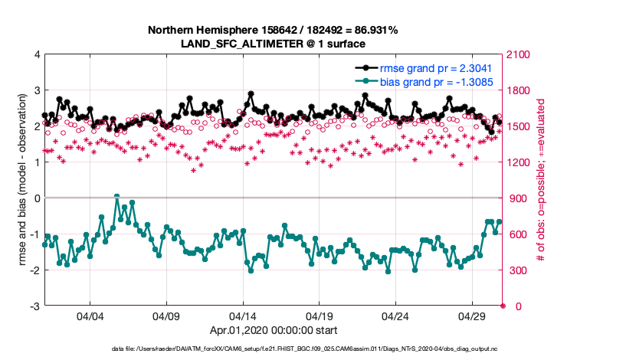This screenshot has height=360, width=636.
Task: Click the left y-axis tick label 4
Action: [x=36, y=55]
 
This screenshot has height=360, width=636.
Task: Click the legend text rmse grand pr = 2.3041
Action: [x=434, y=67]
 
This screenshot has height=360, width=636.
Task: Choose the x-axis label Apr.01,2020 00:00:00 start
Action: [x=272, y=331]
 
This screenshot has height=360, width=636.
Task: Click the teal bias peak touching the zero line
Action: [x=116, y=197]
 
